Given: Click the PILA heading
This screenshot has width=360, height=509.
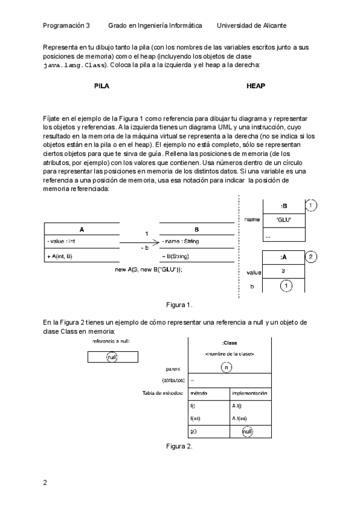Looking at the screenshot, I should (x=102, y=86).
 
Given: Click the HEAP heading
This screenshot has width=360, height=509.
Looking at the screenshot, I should (x=256, y=86).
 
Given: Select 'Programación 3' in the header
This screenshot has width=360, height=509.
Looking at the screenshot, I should (x=66, y=26).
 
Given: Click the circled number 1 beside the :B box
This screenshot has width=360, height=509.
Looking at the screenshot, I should (x=311, y=206).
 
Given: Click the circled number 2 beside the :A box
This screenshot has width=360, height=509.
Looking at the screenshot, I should (x=311, y=258).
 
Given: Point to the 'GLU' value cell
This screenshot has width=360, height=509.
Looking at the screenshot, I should (x=284, y=220).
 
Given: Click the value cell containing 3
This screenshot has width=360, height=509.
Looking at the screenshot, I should (x=284, y=272).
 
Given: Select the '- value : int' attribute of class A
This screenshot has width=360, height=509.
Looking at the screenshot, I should (x=61, y=241).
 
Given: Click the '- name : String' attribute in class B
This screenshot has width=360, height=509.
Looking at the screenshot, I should (x=181, y=241).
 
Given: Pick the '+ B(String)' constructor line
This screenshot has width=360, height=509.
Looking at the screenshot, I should (x=176, y=256).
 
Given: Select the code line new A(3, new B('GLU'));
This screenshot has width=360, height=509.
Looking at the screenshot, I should (x=148, y=270).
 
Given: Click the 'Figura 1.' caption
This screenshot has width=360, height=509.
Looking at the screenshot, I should (x=179, y=304).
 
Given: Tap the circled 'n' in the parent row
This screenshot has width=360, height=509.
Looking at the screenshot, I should (x=226, y=367).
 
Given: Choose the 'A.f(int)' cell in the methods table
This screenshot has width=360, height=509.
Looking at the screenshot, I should (x=239, y=418).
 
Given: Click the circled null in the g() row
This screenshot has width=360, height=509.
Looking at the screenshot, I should (x=247, y=430).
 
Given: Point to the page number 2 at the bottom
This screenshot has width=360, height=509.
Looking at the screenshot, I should (x=45, y=482).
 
